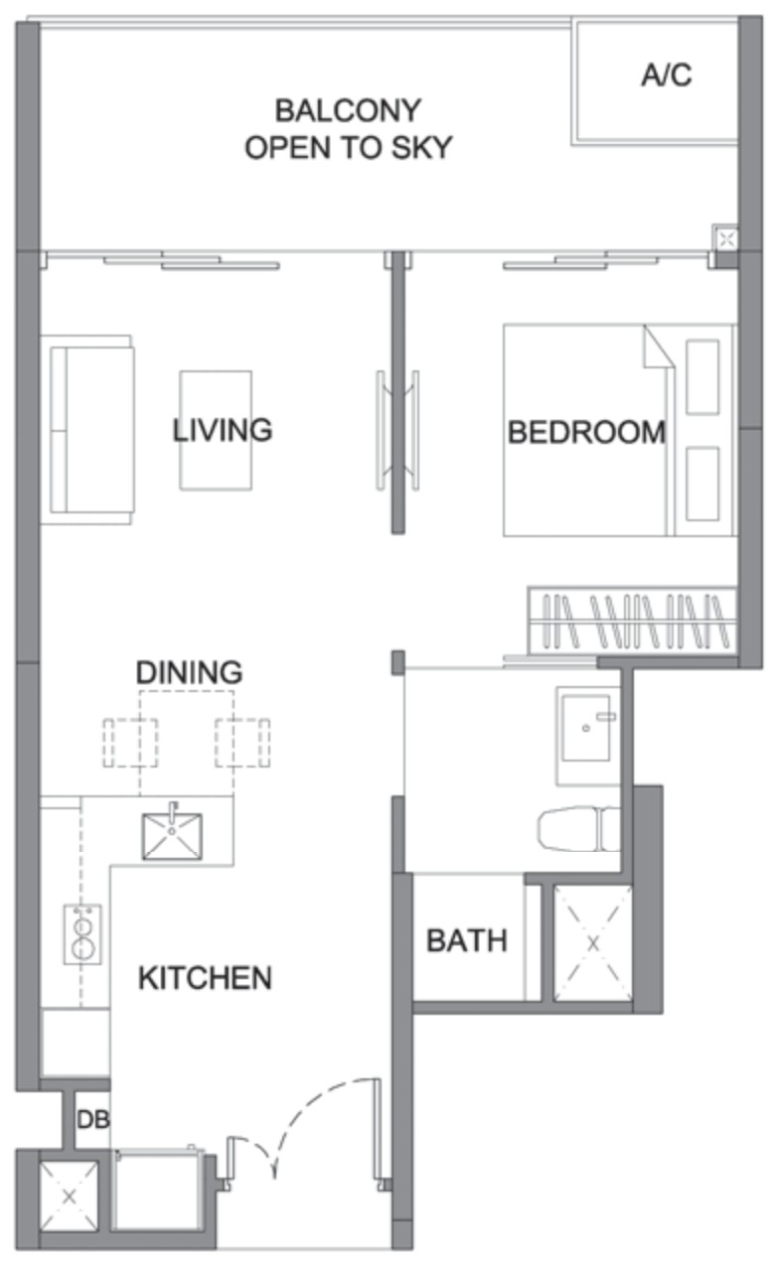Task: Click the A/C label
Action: point(666,74)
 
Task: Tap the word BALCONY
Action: point(349,110)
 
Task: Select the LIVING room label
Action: point(223,430)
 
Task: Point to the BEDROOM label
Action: point(586,432)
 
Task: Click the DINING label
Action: point(190,672)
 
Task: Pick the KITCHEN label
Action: point(206,978)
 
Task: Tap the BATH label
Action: point(466,941)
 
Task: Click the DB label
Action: point(93,1119)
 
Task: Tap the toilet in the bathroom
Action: point(578,828)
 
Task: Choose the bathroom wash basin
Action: point(586,729)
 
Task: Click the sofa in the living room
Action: point(87,430)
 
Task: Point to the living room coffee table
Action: point(216,430)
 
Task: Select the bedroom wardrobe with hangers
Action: point(632,622)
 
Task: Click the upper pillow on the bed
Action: point(702,377)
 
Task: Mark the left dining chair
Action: point(130,742)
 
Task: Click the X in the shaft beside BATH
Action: point(592,943)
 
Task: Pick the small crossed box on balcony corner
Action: point(726,239)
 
